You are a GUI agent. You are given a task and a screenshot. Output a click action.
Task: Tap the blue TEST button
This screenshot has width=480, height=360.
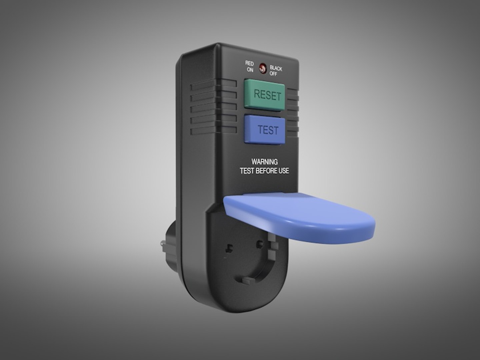click(265, 129)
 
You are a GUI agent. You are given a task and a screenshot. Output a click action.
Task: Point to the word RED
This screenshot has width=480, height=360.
click(249, 63)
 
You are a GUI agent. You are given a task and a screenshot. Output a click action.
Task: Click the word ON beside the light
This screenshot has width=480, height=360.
click(250, 70)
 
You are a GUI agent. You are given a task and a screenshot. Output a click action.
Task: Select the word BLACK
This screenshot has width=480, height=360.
click(276, 68)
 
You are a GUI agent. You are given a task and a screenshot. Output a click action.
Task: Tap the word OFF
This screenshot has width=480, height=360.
click(273, 74)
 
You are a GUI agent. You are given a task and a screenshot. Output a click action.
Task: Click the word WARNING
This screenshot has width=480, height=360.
click(264, 162)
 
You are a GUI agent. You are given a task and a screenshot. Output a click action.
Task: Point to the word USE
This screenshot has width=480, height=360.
click(283, 171)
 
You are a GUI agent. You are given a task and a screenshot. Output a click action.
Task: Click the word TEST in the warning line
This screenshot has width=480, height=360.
click(247, 171)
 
